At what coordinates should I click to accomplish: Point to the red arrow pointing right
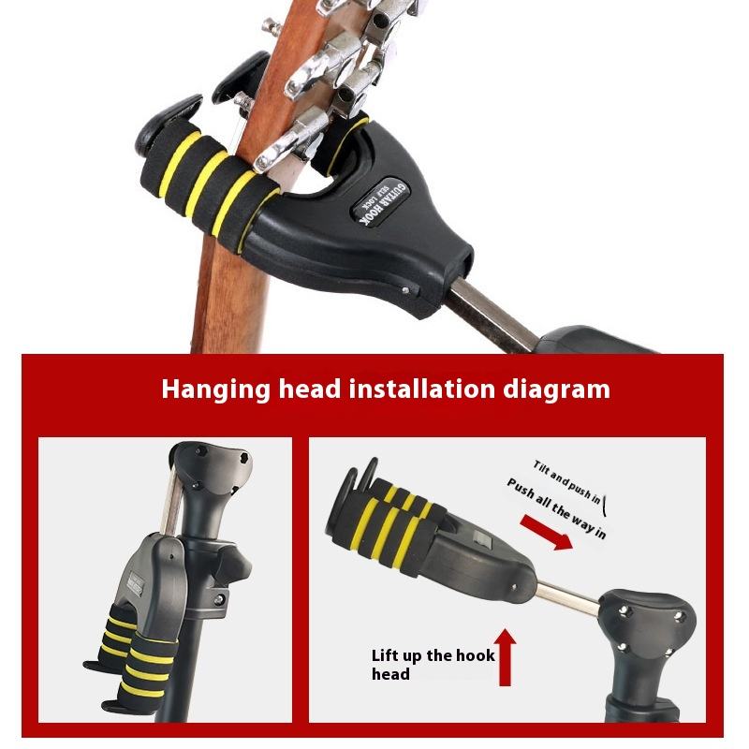tap(545, 534)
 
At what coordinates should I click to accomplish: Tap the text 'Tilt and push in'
tap(567, 477)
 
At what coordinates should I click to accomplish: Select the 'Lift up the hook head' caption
tap(433, 664)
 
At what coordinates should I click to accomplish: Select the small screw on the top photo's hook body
tap(404, 291)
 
